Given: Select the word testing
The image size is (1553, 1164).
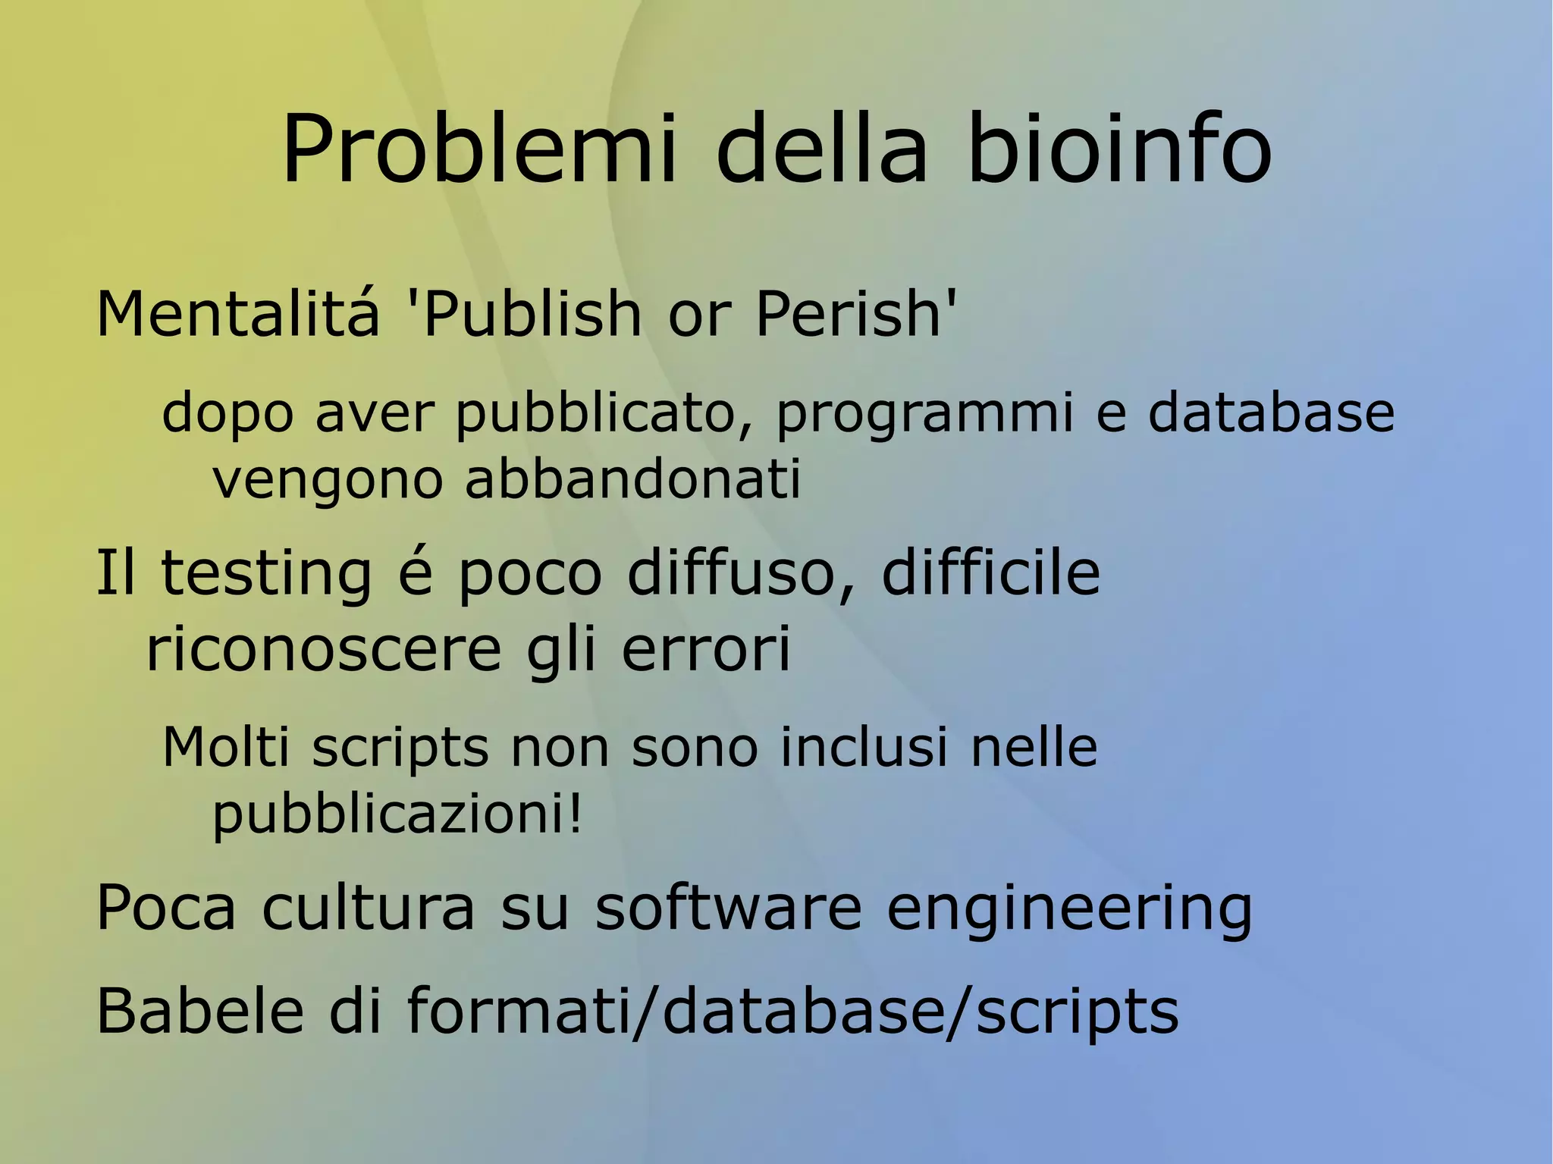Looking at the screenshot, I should click(x=267, y=574).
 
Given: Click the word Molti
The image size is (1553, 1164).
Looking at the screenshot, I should click(x=226, y=748).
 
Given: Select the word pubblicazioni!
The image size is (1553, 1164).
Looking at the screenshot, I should click(x=397, y=816).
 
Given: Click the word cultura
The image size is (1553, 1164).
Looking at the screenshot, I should click(x=369, y=908).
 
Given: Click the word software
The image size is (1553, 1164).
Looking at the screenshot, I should click(x=729, y=908).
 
